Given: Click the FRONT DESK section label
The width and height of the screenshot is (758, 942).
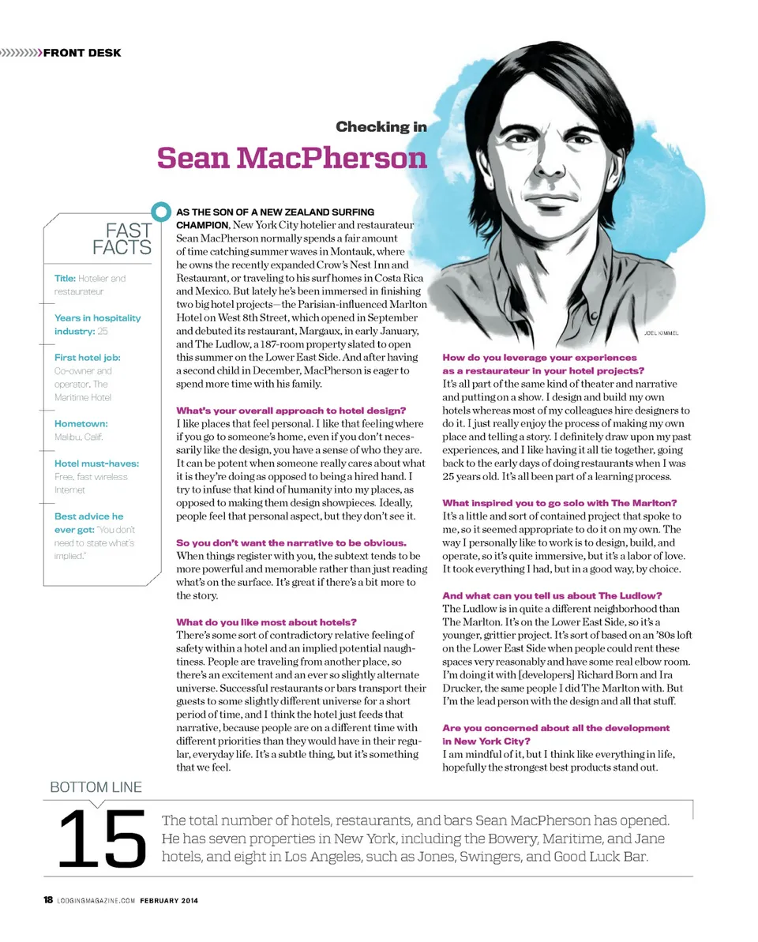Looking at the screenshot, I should (81, 53).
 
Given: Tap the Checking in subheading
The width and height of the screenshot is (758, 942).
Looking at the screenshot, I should (381, 126).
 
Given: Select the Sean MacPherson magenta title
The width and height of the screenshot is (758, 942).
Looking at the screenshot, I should (291, 157).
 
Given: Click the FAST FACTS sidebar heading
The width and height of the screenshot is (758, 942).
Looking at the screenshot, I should (122, 239).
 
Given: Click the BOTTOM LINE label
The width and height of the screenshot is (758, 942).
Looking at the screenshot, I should (96, 786).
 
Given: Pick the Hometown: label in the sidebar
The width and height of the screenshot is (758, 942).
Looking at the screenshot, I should (81, 424).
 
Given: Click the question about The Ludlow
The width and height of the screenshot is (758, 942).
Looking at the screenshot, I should (552, 595).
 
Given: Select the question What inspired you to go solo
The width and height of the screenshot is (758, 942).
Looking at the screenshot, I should (560, 503).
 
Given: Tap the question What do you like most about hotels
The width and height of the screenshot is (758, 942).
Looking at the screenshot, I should (266, 622).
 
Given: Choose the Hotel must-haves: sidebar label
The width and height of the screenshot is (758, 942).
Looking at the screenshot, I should (96, 463).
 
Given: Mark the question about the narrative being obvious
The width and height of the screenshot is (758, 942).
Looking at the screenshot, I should (291, 542).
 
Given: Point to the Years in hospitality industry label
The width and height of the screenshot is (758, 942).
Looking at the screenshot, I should (97, 325).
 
